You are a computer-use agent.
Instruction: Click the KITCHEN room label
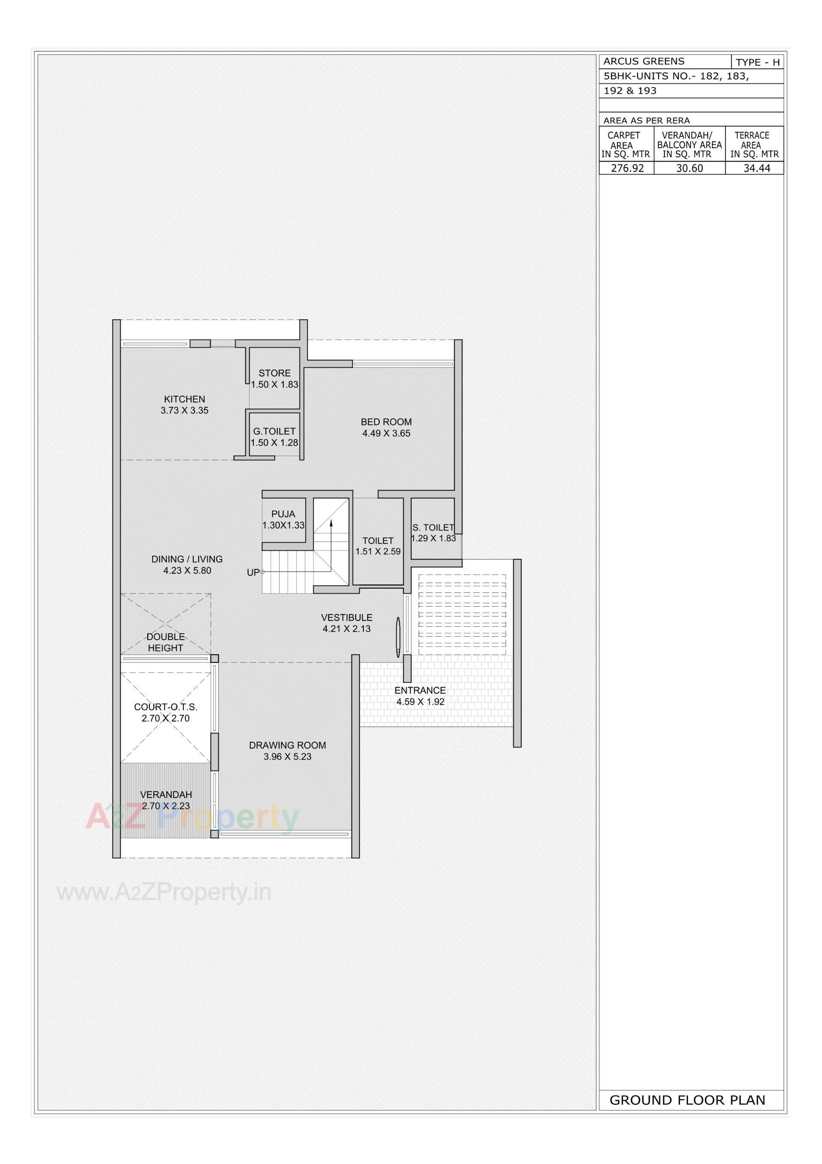pos(184,399)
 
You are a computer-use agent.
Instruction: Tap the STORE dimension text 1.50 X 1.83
pos(275,384)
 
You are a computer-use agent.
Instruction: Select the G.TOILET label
pos(274,431)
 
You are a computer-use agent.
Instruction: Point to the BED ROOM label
pos(386,422)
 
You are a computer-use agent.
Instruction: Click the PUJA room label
pos(283,514)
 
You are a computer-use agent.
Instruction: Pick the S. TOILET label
pos(433,528)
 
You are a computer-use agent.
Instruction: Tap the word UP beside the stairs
pos(253,572)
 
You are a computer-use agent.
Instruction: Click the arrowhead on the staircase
pos(331,523)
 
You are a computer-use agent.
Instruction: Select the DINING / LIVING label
pos(187,559)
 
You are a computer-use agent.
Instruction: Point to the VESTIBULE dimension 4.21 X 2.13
pos(347,628)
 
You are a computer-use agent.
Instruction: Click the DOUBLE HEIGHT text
pos(166,642)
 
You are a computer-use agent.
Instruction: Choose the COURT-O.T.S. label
pos(166,707)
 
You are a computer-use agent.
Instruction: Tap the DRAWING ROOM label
pos(287,745)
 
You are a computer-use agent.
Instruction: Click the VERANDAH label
pos(166,794)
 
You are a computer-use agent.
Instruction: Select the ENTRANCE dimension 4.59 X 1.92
pos(420,702)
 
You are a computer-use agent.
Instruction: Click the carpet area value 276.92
pos(627,168)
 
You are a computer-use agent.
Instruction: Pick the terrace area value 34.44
pos(756,168)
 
